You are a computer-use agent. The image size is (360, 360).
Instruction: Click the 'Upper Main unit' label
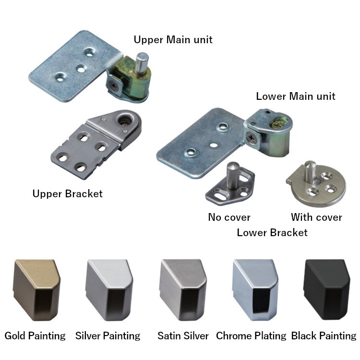[173, 39]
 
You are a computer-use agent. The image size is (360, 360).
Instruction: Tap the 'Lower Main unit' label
[295, 96]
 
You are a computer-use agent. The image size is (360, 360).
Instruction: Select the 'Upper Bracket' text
[68, 194]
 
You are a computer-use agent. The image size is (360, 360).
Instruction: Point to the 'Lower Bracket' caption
[272, 233]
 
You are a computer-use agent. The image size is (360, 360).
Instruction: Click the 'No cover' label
[229, 217]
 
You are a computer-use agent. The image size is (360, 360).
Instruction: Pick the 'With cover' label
[316, 217]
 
